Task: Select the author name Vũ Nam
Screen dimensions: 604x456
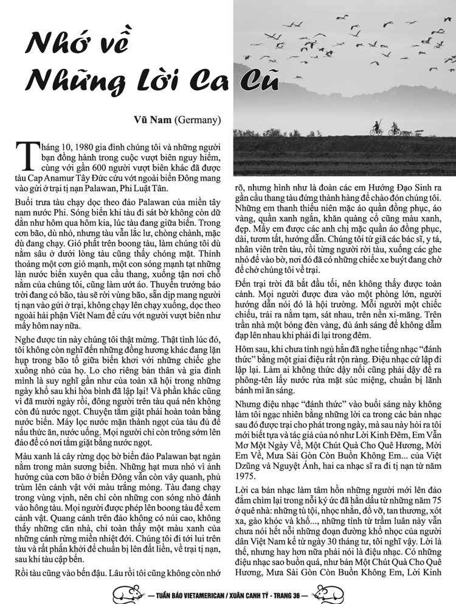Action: point(156,119)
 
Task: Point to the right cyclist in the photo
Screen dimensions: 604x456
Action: point(395,129)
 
